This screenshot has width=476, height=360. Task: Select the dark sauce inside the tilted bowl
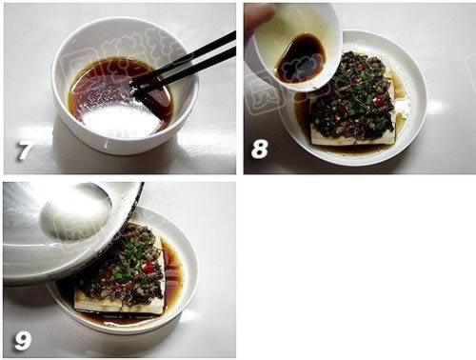301,57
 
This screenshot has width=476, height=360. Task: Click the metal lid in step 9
57,229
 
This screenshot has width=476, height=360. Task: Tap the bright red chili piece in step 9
148,270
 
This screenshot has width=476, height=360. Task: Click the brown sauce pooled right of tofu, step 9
173,271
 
